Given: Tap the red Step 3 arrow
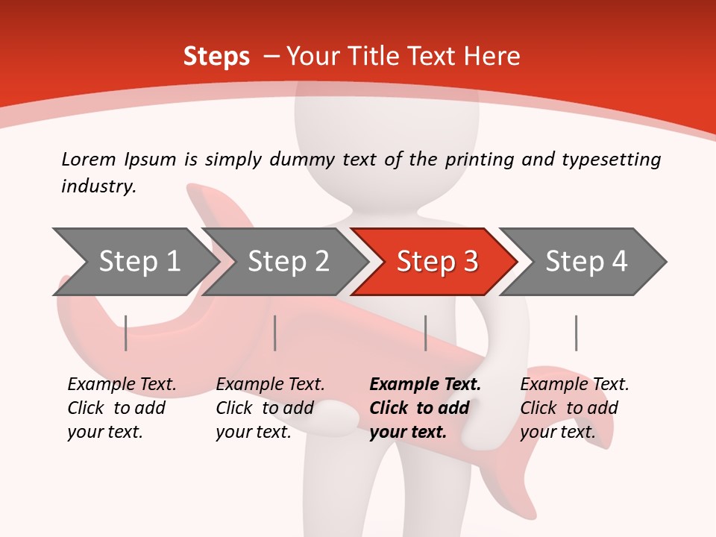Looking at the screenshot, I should tap(436, 262).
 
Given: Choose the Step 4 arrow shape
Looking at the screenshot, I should tap(585, 262).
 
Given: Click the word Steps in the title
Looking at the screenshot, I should tap(216, 57).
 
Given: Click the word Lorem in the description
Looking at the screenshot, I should tap(89, 160).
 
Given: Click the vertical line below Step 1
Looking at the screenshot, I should tap(125, 333).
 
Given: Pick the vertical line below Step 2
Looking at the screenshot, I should tap(275, 333).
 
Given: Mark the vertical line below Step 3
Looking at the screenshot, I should tap(425, 333).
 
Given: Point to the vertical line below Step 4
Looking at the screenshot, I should tap(576, 333).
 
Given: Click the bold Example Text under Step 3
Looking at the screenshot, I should tap(425, 385).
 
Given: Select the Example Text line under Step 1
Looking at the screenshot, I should tap(122, 385).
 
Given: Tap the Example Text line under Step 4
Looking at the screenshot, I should tap(574, 385).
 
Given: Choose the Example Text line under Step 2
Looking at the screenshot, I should tap(270, 385).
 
